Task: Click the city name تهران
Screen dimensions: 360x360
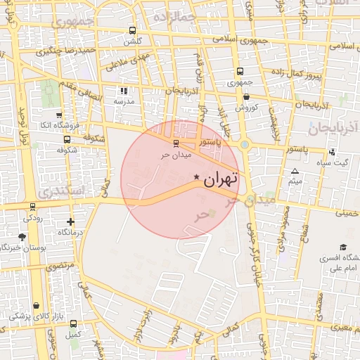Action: (221, 179)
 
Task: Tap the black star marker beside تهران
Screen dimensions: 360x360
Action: (196, 176)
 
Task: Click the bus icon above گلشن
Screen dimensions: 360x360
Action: (132, 30)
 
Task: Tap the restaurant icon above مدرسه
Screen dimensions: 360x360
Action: (124, 91)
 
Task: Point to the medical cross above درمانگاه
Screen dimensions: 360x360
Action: (70, 222)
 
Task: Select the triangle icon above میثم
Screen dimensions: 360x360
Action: (295, 172)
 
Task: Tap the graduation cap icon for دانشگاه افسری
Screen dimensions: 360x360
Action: (343, 247)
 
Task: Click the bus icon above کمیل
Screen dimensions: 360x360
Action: (73, 324)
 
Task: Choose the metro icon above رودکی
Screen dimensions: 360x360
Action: (32, 207)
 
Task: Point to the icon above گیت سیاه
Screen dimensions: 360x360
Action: (331, 153)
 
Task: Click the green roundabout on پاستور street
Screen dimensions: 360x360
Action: (245, 145)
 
